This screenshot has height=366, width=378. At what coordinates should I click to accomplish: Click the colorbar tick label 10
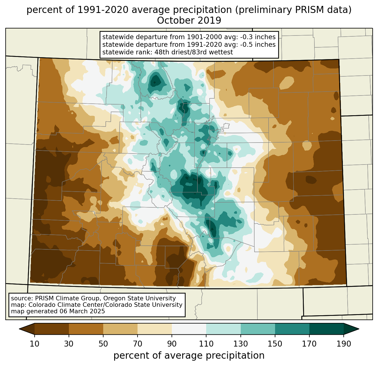pos(34,344)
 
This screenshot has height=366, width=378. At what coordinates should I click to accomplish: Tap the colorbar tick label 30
pos(69,344)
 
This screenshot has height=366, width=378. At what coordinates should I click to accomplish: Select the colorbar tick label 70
pos(138,344)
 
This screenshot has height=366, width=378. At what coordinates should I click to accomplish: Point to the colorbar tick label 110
pos(206,344)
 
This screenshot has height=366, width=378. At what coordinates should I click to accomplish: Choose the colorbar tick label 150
pos(275,344)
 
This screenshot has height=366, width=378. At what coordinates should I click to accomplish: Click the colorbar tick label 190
pos(344,344)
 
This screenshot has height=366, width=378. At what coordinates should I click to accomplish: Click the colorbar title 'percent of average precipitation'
pos(189,356)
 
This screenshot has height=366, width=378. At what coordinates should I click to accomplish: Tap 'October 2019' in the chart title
pos(189,21)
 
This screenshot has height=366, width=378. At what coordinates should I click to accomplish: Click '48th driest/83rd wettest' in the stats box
pos(193,52)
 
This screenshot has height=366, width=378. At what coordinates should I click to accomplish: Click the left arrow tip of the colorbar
pos(19,329)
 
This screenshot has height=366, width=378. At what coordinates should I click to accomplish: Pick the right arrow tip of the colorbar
pos(359,329)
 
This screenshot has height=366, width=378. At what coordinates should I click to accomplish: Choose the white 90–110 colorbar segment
pos(189,329)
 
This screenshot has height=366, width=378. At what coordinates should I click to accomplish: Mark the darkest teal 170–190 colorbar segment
pos(326,329)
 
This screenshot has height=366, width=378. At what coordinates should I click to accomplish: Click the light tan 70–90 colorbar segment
pos(155,329)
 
